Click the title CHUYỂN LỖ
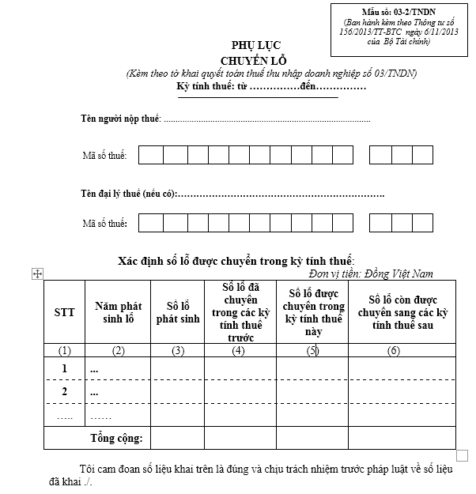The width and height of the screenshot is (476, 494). click(x=251, y=61)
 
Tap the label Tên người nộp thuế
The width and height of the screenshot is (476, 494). click(x=120, y=119)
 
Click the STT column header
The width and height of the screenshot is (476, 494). click(x=65, y=312)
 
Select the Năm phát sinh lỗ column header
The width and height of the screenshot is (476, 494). click(x=118, y=312)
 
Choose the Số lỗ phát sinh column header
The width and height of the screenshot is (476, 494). click(x=178, y=312)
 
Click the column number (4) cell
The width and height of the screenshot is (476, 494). click(x=240, y=350)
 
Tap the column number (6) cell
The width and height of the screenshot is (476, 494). click(x=394, y=350)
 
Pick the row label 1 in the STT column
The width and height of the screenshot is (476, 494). click(x=65, y=369)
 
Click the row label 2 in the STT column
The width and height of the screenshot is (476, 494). click(x=65, y=391)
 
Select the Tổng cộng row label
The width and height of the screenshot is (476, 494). click(x=116, y=437)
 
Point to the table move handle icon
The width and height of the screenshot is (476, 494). click(x=36, y=273)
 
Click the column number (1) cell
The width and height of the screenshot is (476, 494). click(x=65, y=350)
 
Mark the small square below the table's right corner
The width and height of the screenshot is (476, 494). click(x=463, y=454)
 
